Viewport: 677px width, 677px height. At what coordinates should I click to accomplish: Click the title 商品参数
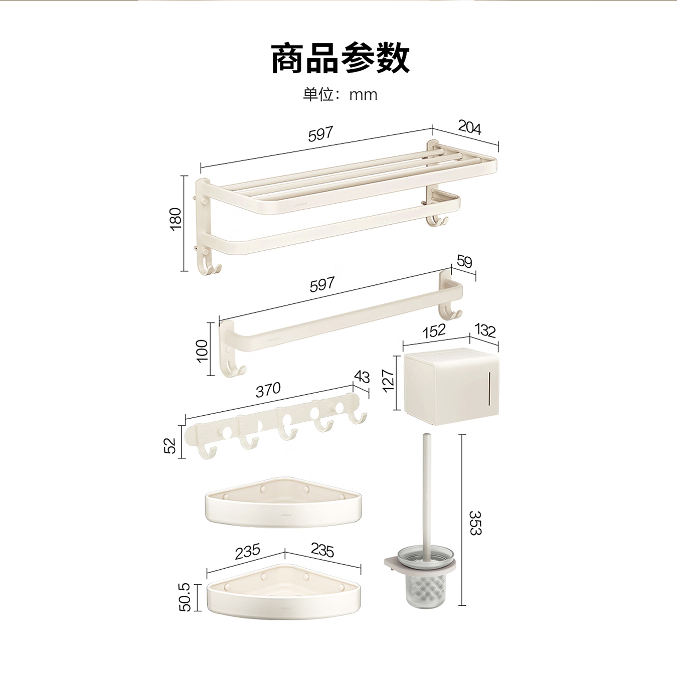point(340,58)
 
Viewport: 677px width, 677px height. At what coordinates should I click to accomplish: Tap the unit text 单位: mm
point(340,94)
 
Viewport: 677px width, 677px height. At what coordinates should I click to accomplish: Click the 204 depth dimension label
point(469,128)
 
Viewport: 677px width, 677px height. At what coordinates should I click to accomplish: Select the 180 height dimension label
point(176,219)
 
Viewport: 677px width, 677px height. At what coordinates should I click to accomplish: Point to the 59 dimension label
point(464,262)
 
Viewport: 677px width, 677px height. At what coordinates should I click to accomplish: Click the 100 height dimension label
point(202,351)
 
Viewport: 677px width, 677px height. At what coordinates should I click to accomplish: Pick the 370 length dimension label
point(268,390)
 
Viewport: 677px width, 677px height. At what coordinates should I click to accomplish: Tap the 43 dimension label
point(362,377)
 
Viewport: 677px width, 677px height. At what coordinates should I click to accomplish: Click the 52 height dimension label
point(170,445)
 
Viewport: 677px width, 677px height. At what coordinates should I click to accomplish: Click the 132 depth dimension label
point(484,330)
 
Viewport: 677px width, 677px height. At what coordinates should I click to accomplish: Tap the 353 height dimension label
point(474,523)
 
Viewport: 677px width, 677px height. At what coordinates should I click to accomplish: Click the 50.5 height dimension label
point(185,597)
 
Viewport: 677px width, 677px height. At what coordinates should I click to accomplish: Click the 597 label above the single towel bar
point(321,285)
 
